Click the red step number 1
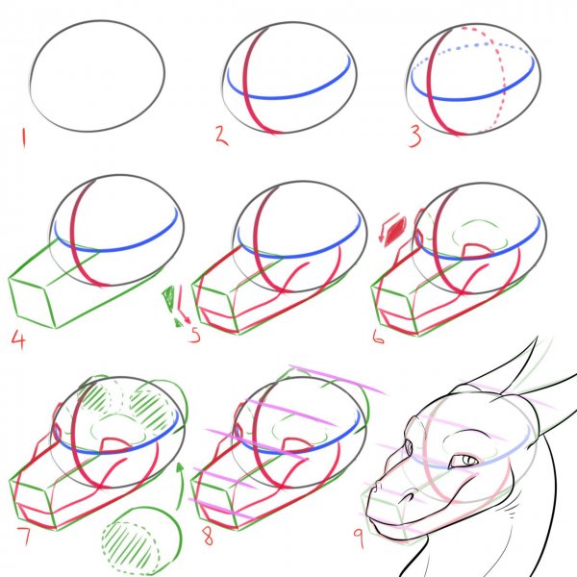click(24, 138)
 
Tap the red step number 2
click(222, 135)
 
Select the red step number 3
click(415, 137)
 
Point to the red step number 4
click(19, 339)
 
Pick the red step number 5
click(194, 334)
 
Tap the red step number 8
click(208, 537)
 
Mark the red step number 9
click(359, 538)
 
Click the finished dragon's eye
click(464, 460)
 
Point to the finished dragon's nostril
click(409, 497)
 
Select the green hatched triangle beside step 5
click(168, 299)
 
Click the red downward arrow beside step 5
click(184, 305)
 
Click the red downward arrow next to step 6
click(388, 227)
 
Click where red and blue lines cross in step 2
click(247, 96)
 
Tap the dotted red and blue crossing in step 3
click(492, 44)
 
